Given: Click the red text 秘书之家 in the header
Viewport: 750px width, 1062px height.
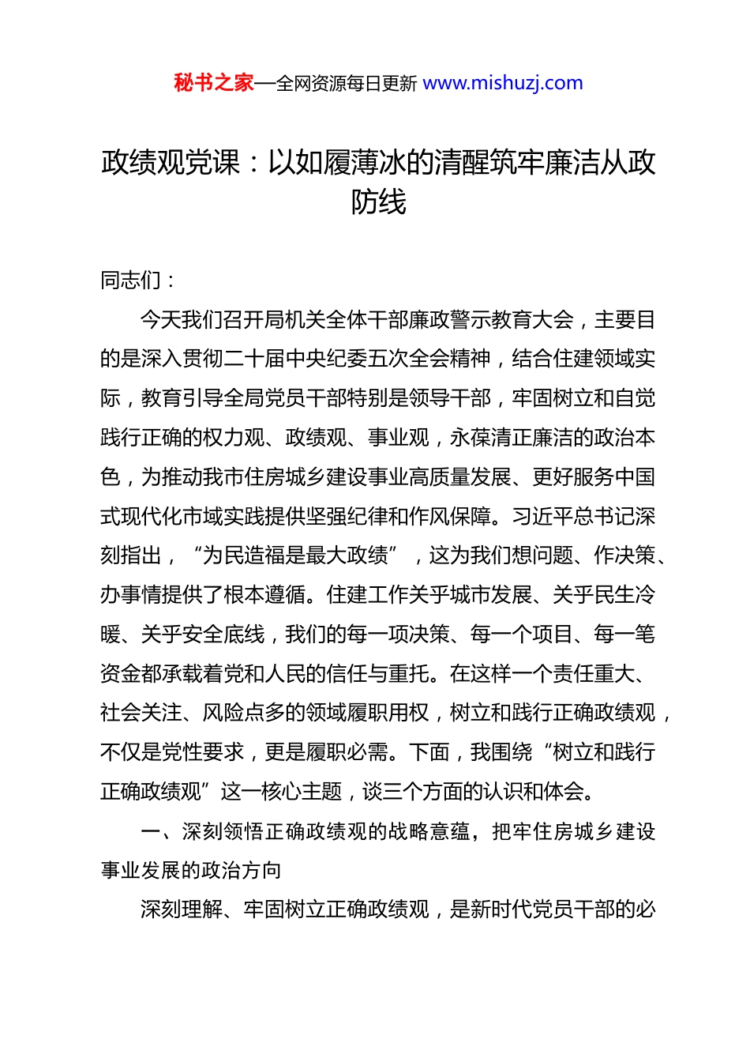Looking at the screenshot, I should tap(214, 83).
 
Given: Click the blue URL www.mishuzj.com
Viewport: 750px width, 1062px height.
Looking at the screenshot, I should tap(503, 83).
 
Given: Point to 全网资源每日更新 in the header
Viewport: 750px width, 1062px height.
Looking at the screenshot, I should tap(347, 84).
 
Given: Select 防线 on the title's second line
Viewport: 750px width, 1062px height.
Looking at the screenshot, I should tap(379, 202).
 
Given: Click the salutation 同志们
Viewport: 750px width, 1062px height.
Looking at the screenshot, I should tap(131, 281).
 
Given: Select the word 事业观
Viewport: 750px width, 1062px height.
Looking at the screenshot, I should tap(398, 438).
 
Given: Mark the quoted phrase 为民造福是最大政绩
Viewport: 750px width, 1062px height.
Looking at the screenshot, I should tap(295, 556).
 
